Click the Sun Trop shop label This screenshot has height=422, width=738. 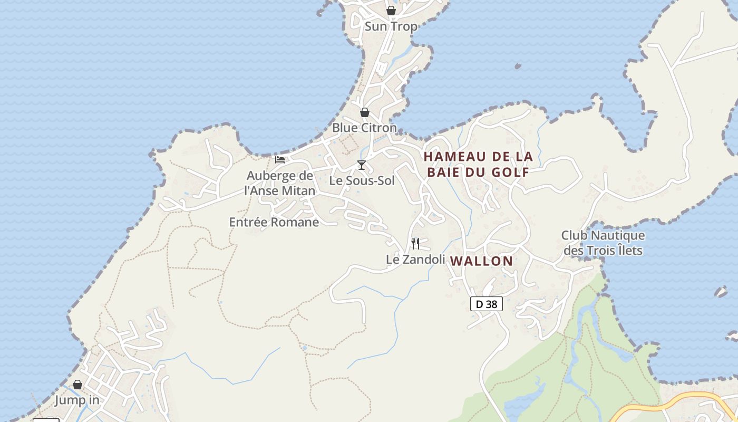(x=391, y=26)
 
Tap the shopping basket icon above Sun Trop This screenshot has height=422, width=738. (x=391, y=11)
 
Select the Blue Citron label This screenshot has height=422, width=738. (x=364, y=128)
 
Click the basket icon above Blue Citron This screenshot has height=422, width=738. (x=364, y=112)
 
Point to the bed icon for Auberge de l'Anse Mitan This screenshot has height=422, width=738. (x=280, y=159)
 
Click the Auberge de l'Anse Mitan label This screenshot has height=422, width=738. (x=280, y=183)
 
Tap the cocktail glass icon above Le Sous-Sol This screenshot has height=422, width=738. (x=362, y=165)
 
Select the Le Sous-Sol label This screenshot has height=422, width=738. (x=362, y=180)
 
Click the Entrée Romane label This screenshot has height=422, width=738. (x=274, y=222)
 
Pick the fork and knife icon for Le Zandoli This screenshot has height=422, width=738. (x=415, y=243)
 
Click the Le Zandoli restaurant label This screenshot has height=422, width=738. (x=415, y=259)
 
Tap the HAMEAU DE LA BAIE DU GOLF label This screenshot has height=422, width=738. (x=478, y=164)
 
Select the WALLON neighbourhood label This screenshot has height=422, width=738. (x=481, y=261)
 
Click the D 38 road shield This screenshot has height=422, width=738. (x=486, y=304)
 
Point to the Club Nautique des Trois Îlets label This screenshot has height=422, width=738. (x=603, y=243)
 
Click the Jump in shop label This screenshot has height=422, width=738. (x=77, y=400)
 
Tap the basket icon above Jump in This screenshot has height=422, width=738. (x=77, y=385)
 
